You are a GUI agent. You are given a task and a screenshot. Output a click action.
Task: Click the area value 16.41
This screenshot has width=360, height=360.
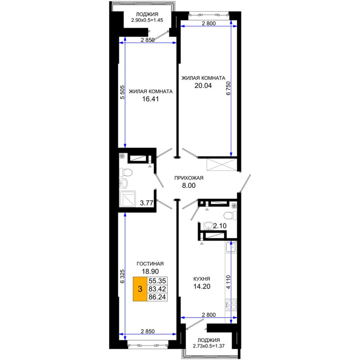150,99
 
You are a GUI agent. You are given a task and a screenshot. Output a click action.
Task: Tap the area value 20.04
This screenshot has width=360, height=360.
203,86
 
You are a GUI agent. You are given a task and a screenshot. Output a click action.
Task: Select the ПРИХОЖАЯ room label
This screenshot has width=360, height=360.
189,178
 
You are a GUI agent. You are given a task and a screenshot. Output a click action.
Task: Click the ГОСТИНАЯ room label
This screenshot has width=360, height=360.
150,264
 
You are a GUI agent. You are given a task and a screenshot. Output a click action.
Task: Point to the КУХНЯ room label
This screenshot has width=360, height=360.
202,279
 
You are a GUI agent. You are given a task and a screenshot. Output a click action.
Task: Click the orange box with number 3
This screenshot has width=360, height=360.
140,289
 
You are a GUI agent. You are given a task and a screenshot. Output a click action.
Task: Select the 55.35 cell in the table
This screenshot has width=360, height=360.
157,281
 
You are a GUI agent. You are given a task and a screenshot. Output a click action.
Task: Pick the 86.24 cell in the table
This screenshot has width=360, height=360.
157,297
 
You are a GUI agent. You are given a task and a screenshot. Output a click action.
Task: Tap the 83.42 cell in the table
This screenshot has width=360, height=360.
157,289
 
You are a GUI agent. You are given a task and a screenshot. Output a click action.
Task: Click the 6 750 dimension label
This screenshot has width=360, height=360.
228,88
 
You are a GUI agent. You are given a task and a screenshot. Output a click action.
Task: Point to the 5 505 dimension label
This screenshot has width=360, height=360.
122,92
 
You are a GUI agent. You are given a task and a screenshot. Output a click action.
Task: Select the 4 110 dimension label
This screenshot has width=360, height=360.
228,282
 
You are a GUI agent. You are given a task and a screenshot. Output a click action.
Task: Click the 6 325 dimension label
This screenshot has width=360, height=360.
122,276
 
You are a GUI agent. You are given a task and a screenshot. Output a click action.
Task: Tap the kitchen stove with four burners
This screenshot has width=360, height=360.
231,305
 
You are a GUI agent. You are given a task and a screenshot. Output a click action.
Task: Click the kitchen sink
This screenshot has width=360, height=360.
231,247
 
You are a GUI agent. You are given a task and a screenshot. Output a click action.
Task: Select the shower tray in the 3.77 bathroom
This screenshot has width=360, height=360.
127,199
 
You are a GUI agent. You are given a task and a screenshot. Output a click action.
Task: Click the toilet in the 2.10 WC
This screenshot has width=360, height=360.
230,216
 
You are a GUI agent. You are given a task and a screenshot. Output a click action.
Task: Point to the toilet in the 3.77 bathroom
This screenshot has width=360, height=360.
126,172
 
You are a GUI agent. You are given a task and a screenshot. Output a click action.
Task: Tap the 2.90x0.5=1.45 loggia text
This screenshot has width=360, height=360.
147,20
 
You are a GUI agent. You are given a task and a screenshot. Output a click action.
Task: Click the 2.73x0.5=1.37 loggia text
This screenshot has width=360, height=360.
208,346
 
